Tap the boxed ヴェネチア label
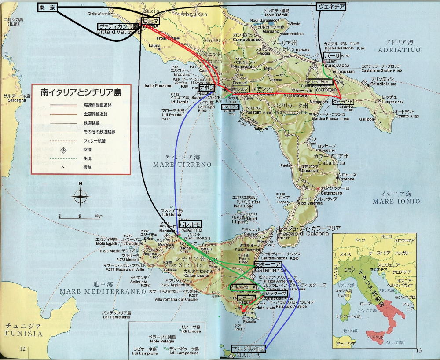[x=330, y=6]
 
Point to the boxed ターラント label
[x=343, y=101]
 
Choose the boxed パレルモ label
[x=190, y=224]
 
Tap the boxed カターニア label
[x=265, y=264]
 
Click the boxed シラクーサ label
[x=275, y=294]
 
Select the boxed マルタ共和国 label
[x=249, y=349]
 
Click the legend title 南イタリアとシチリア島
[x=81, y=93]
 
